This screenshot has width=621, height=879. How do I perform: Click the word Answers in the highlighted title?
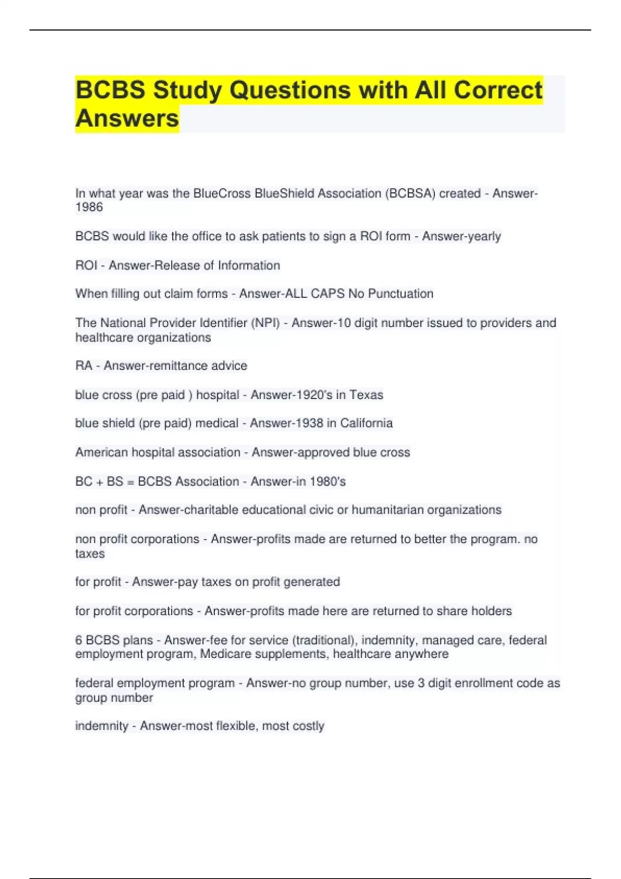click(127, 118)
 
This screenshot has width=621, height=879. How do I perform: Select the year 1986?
click(89, 207)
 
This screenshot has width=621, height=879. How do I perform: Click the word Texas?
click(366, 395)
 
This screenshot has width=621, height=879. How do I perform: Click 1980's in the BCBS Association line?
click(328, 481)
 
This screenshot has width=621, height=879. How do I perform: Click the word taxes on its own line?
click(90, 554)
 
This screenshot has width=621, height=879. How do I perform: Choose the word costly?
click(308, 726)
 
